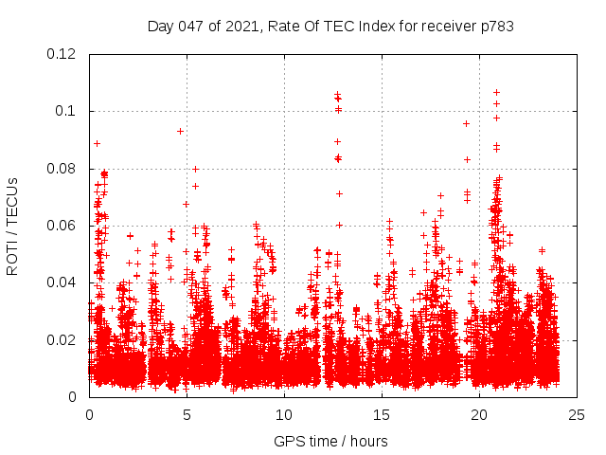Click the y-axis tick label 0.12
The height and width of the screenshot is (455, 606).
[x=62, y=54]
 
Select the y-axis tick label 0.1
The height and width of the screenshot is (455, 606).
[x=65, y=111]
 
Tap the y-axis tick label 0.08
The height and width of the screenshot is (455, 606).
[x=62, y=169]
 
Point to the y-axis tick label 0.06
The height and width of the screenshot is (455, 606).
[x=62, y=226]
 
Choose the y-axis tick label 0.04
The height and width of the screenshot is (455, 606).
[x=62, y=282]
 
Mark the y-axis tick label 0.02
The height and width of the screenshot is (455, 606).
[x=62, y=339]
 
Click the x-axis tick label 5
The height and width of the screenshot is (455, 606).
[x=187, y=414]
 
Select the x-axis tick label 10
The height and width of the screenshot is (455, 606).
[x=284, y=414]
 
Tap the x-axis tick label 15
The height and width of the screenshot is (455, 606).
[x=382, y=414]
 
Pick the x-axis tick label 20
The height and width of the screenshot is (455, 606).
[x=479, y=414]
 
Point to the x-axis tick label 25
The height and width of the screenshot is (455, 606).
[x=577, y=414]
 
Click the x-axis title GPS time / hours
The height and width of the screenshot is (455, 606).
[x=330, y=441]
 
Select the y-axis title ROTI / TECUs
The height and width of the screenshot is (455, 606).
[x=12, y=226]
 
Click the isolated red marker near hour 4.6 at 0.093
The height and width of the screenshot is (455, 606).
[x=180, y=131]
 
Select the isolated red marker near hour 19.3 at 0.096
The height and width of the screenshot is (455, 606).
[x=466, y=123]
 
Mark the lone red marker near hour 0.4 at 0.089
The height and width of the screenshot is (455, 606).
[x=97, y=143]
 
